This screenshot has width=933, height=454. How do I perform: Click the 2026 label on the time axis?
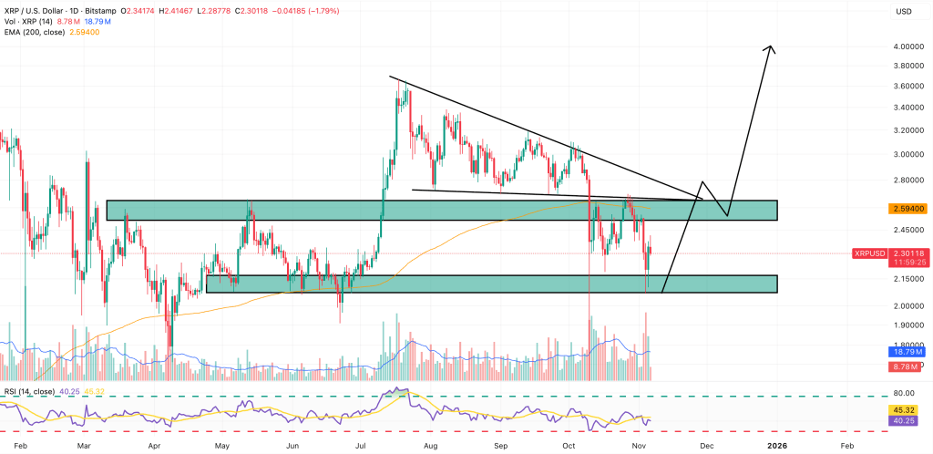pos(776,446)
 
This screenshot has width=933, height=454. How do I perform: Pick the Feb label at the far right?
pos(846,446)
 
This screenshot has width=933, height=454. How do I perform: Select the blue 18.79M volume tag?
pos(908,350)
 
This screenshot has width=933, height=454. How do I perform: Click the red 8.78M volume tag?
pos(908,366)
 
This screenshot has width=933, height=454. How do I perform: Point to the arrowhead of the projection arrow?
pos(773,48)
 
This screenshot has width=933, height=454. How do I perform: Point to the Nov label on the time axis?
pos(640,446)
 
